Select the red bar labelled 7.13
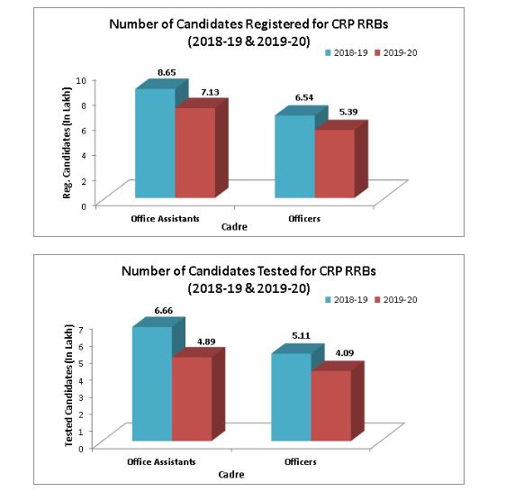click(x=194, y=151)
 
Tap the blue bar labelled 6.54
click(x=294, y=156)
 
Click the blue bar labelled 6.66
click(x=150, y=384)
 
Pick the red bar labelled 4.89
click(x=191, y=398)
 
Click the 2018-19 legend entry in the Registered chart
click(x=348, y=53)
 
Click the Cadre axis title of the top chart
click(x=234, y=228)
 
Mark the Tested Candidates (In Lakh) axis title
click(x=69, y=387)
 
